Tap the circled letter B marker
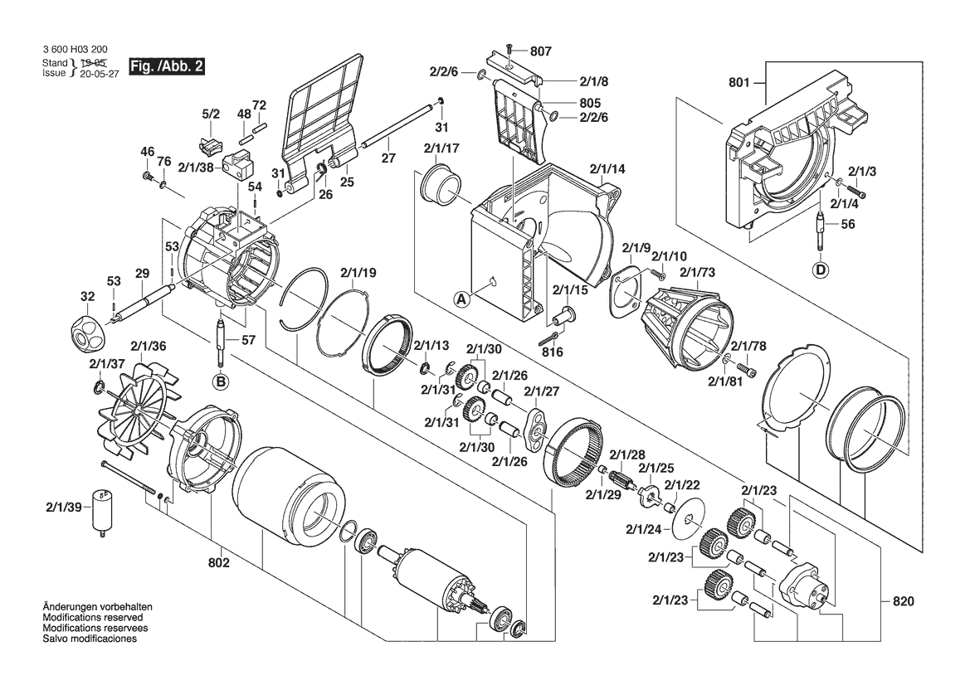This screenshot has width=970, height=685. [x=220, y=381]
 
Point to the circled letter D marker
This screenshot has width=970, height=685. [x=821, y=269]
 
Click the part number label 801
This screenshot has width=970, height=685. [x=739, y=82]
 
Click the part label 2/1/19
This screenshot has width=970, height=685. [x=358, y=272]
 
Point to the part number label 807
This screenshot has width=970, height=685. [x=540, y=51]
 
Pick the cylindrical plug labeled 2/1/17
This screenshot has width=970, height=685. [x=441, y=185]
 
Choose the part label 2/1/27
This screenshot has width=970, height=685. [x=540, y=392]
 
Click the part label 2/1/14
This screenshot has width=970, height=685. [x=607, y=170]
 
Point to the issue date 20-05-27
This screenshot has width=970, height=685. [x=95, y=73]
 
